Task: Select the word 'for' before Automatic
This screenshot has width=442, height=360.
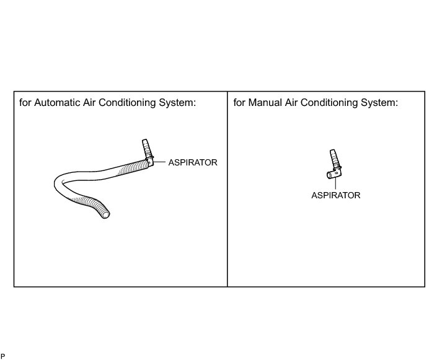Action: click(x=25, y=102)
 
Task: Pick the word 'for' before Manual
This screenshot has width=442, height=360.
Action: click(x=239, y=102)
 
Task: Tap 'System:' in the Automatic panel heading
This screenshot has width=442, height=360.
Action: click(x=179, y=102)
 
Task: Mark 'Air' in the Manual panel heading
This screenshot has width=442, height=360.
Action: click(x=296, y=102)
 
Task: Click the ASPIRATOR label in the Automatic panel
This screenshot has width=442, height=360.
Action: click(x=193, y=162)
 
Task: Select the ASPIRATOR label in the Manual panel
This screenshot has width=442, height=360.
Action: click(x=335, y=195)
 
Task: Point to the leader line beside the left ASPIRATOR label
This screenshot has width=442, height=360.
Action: click(x=159, y=162)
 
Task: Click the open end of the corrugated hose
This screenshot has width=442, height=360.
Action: click(x=107, y=214)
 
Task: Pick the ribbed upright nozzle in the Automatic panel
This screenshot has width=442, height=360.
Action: click(x=147, y=149)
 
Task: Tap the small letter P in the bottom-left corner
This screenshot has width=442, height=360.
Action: click(x=2, y=356)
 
